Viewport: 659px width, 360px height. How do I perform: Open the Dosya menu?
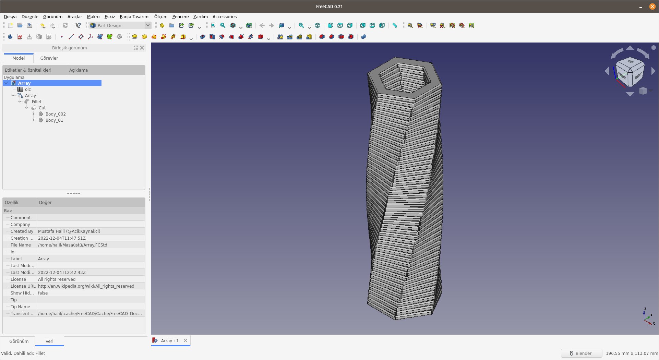[10, 16]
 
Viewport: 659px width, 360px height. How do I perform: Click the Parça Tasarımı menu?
[134, 16]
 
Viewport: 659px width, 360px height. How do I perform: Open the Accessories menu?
[224, 16]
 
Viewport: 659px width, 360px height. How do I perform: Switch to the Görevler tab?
[49, 58]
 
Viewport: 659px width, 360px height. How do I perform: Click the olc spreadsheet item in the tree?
[28, 89]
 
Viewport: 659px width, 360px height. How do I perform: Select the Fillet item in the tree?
[36, 102]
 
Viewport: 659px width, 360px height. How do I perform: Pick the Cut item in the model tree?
[42, 108]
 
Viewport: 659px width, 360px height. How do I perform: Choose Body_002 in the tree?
[55, 114]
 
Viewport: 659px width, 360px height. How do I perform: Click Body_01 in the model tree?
[54, 120]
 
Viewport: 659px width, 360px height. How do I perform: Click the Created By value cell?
[69, 231]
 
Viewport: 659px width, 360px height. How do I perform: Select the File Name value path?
[72, 245]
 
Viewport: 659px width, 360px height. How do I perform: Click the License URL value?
[86, 286]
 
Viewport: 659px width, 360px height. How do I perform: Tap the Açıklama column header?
[79, 70]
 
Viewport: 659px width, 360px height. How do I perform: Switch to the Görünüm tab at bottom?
[19, 341]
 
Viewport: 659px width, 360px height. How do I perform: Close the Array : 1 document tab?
[185, 340]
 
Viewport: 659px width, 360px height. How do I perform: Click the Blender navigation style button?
[581, 353]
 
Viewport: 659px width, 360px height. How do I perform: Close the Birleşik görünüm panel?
[142, 48]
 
